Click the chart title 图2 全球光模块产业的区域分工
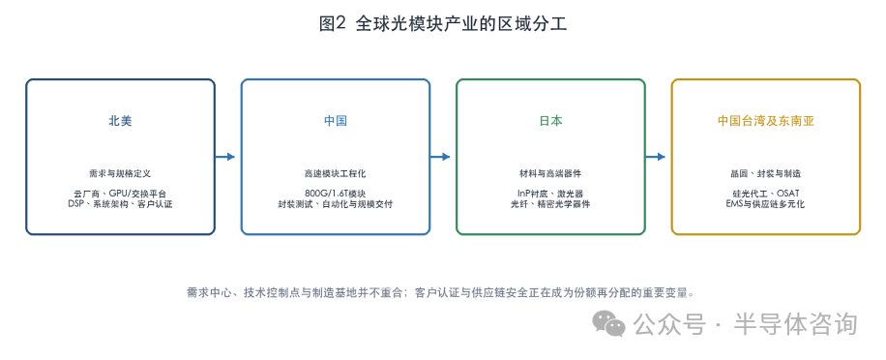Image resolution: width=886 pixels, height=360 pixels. pos(442,24)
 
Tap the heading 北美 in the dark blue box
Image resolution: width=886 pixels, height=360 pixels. pos(120,121)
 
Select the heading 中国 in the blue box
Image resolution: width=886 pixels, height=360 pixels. pos(336,121)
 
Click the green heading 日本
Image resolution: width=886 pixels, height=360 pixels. pos(551,121)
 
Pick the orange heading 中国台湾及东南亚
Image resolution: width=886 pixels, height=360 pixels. pos(766,121)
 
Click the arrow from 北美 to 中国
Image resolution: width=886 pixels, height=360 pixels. pos(225,157)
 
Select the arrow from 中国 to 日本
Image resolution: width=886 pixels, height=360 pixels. pos(440,157)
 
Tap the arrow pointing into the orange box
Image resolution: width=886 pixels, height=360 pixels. pos(656,157)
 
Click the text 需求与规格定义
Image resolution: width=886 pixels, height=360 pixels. pos(120,173)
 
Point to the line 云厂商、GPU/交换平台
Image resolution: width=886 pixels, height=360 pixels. pos(120,194)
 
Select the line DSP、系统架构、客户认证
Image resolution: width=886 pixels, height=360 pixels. pos(120,204)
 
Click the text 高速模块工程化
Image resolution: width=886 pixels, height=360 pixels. pos(336,173)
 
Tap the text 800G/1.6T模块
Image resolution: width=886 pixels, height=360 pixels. pos(336,194)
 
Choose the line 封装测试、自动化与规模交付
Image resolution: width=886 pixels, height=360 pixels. pos(336,204)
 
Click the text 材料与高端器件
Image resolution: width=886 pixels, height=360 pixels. pos(551,173)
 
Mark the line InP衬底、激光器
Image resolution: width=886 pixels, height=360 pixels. pos(551,194)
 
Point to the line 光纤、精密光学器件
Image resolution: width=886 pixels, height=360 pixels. pos(551,204)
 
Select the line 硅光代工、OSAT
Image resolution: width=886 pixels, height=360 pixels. pos(766,194)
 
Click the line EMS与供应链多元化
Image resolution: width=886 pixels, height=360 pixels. pos(766,204)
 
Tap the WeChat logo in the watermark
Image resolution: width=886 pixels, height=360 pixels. pos(609,323)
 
